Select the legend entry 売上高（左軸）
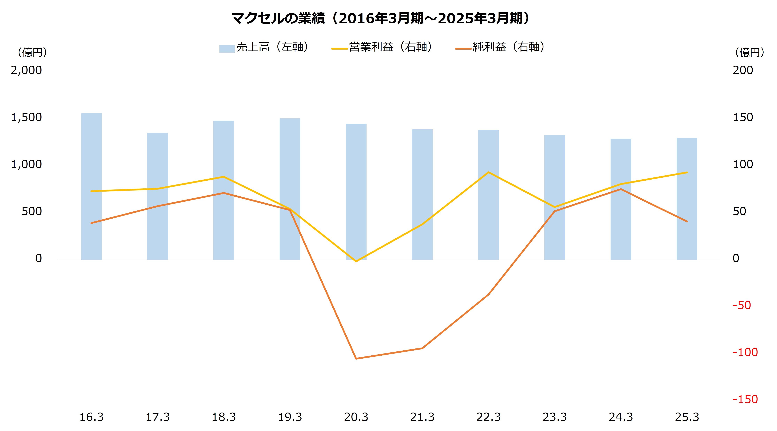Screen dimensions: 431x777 [265, 47]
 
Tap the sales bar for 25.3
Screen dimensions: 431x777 [687, 199]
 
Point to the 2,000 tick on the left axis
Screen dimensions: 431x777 [26, 70]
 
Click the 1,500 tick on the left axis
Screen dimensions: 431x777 [26, 117]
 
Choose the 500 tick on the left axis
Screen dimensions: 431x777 [32, 211]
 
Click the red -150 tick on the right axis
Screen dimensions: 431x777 [745, 399]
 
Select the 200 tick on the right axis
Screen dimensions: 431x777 [743, 70]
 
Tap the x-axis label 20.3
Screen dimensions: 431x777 [356, 417]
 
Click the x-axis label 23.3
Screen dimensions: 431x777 [554, 417]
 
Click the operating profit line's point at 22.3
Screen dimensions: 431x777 [488, 172]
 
